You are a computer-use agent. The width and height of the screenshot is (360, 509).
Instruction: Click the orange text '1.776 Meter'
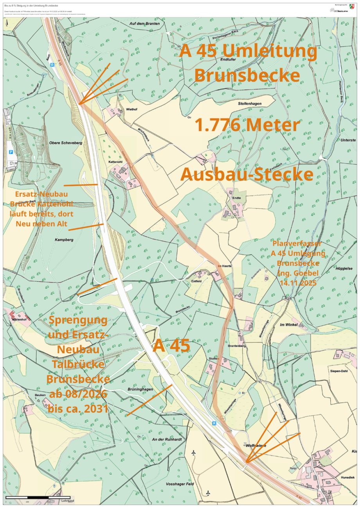click(x=247, y=125)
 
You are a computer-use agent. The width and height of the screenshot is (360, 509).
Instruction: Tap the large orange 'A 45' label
click(x=171, y=346)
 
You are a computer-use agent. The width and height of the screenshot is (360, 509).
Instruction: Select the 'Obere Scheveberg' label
click(x=66, y=143)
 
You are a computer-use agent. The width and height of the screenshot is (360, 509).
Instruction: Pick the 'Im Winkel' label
click(x=289, y=325)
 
